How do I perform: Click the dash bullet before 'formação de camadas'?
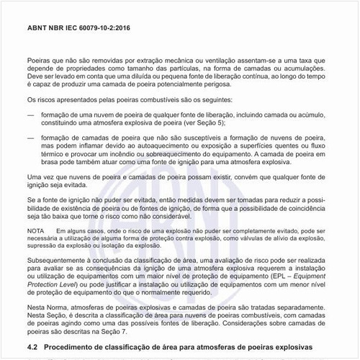[30, 137]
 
